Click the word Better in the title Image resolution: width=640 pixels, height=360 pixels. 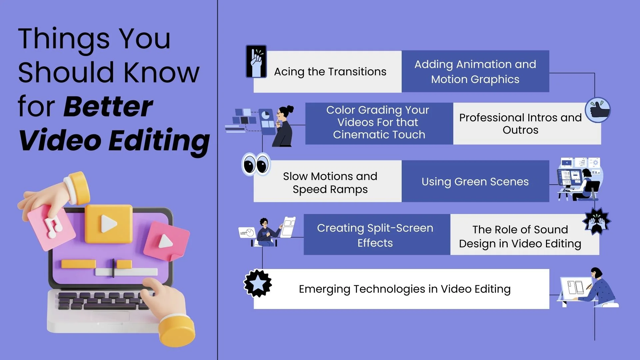tap(108, 107)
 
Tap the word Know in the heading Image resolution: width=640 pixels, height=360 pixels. tap(162, 72)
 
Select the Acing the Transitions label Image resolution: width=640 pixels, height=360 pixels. tap(330, 72)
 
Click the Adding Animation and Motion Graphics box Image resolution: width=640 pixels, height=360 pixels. tap(475, 71)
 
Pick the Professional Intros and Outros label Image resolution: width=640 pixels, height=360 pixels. tap(520, 124)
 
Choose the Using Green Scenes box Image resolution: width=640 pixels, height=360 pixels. tap(475, 181)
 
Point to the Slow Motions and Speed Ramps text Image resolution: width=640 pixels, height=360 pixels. tap(330, 183)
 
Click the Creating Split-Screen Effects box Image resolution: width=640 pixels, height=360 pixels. tap(377, 235)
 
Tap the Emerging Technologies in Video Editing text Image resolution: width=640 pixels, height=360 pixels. tap(405, 289)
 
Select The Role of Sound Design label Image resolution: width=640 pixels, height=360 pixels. tap(520, 237)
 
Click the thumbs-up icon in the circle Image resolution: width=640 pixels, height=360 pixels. tap(598, 110)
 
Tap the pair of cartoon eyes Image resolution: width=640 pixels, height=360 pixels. tap(256, 164)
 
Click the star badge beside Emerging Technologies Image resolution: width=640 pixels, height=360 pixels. tap(258, 283)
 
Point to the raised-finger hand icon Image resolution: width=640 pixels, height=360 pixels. tap(256, 61)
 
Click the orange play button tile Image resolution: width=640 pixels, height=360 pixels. tap(109, 224)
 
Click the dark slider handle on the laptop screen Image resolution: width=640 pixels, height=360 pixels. tap(113, 268)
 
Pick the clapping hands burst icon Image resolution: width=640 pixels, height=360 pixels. tap(596, 221)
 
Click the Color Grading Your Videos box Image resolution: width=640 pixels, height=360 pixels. tap(379, 123)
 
